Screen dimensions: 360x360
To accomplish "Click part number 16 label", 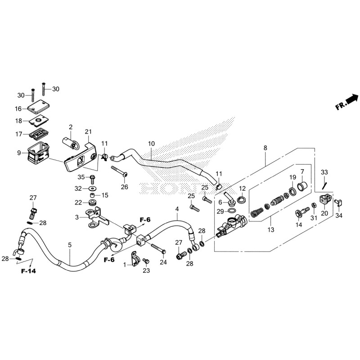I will [x=18, y=109].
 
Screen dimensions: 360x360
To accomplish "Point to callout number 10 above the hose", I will [x=151, y=144].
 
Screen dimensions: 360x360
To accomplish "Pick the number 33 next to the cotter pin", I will [x=324, y=172].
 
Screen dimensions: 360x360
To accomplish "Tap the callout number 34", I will [x=339, y=216].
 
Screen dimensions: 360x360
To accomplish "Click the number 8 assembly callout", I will [x=265, y=148].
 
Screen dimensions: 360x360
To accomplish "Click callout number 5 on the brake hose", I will [x=70, y=245].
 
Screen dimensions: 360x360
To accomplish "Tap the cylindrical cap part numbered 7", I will [x=303, y=186].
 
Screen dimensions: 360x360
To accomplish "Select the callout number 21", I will [x=88, y=132].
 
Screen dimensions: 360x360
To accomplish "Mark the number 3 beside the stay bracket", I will [x=77, y=217].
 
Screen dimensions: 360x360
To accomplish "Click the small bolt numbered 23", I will [x=145, y=261].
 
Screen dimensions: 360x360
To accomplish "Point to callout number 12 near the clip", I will [x=242, y=188].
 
